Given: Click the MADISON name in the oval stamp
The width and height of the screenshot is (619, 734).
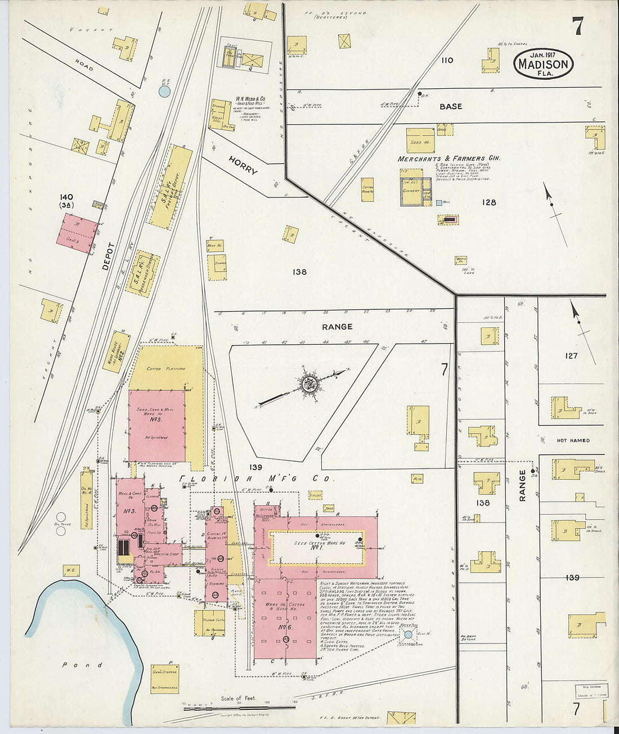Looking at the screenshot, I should (543, 65).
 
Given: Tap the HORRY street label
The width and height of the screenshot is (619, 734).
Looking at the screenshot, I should (243, 164).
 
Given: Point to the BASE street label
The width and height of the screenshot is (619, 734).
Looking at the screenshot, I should (450, 106).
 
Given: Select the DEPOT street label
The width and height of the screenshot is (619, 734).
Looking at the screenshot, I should (109, 256).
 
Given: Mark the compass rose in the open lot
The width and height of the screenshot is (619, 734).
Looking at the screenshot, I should (308, 384).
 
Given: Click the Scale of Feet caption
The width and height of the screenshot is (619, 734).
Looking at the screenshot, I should (238, 698).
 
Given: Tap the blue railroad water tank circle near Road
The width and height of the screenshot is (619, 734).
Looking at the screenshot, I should (164, 91).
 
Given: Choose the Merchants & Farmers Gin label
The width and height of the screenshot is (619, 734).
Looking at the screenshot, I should (448, 159).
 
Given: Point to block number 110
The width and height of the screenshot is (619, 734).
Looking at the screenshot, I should (447, 60).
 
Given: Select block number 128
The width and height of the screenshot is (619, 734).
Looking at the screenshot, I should (488, 202).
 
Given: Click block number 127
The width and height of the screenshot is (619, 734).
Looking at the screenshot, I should (571, 355).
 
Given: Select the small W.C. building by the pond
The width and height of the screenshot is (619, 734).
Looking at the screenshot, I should (71, 570).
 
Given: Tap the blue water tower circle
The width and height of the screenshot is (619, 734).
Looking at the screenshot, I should (407, 634).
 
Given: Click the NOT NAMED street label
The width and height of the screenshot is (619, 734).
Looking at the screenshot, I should (573, 440).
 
